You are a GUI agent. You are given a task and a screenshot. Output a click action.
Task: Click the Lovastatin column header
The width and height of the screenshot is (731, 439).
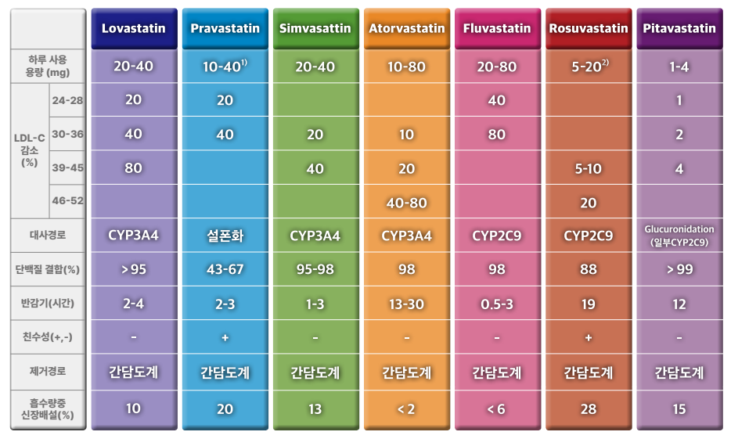coord(134,29)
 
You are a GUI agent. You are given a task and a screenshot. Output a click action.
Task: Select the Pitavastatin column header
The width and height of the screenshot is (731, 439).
coord(679,29)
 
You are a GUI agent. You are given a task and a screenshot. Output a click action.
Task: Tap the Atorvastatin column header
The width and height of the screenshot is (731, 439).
coord(406,29)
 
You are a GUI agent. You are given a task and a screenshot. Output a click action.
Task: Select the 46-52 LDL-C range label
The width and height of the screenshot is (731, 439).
coord(67,201)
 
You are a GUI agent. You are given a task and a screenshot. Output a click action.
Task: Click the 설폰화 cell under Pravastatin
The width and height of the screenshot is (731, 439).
coord(225,236)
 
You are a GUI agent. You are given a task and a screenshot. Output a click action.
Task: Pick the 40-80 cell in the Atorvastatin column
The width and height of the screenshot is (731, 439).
coord(406,203)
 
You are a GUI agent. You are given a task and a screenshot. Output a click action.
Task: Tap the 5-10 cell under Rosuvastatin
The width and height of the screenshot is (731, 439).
coord(588,168)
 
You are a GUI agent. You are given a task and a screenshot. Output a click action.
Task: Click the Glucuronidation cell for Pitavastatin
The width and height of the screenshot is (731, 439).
coord(679,236)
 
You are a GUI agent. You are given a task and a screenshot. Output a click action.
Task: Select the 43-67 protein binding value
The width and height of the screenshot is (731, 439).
coord(225,269)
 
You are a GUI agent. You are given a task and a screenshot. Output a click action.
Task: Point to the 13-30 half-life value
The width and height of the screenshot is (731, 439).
coord(406,304)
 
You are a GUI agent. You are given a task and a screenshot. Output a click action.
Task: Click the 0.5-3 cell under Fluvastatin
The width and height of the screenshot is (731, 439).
coord(497,304)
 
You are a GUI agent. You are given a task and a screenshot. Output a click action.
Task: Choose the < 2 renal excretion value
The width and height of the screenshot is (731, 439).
coord(406,408)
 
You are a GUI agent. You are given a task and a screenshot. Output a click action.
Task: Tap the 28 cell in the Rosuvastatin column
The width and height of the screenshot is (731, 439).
coord(588,408)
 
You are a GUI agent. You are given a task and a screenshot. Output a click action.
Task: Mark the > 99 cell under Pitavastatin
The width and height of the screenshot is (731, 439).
coord(679,269)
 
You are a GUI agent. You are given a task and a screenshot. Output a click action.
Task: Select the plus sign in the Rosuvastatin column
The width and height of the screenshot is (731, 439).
coord(588,337)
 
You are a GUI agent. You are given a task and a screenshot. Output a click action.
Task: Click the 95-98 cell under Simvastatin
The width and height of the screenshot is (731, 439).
coord(315,269)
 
